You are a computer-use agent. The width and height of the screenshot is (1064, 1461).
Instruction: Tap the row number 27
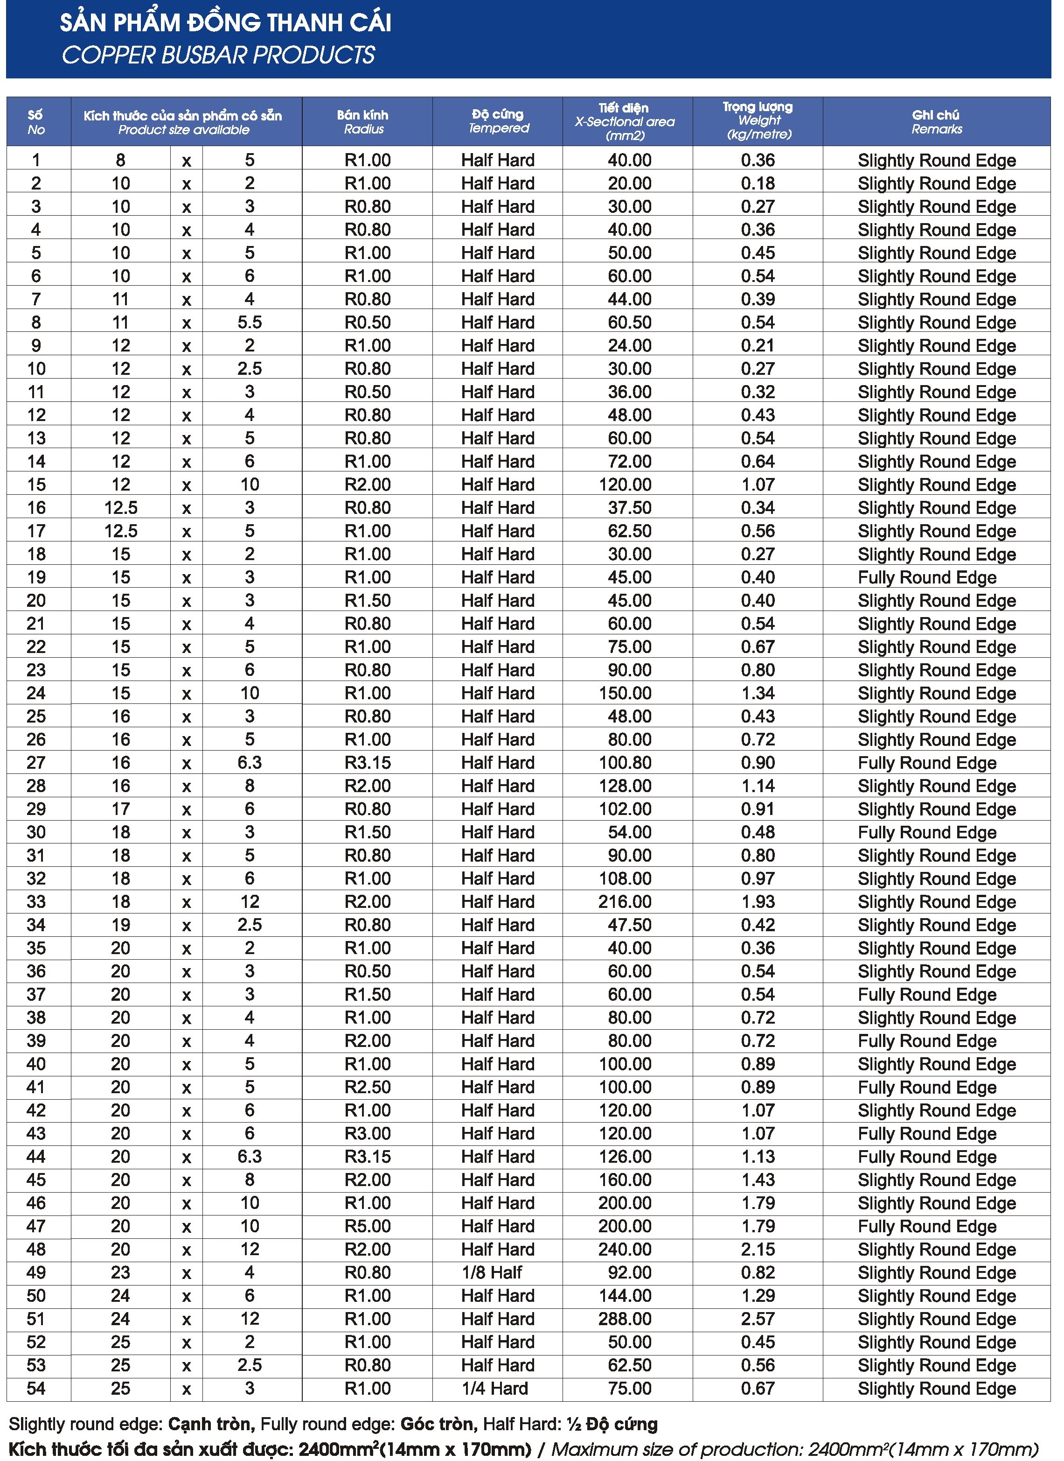tap(36, 763)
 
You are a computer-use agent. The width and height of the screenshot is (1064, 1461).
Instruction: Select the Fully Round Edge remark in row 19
tap(927, 577)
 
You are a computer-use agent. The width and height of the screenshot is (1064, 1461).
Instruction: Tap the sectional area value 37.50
tap(629, 508)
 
